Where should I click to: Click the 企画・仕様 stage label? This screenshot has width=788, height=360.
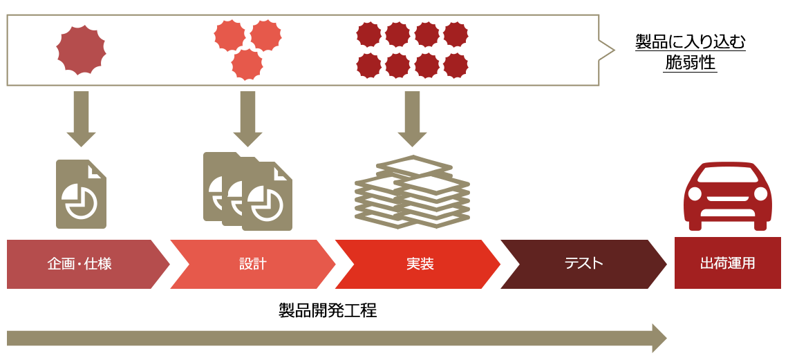(x=79, y=264)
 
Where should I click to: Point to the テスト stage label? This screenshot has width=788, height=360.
(x=583, y=264)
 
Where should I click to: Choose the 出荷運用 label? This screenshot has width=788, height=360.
(x=727, y=264)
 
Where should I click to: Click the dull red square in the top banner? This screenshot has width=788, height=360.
(x=81, y=50)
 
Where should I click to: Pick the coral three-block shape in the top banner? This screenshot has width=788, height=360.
(x=247, y=48)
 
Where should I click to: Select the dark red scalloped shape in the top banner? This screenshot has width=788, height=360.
(x=413, y=49)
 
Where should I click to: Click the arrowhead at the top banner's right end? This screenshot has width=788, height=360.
(x=612, y=50)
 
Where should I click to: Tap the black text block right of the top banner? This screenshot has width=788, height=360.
(x=690, y=54)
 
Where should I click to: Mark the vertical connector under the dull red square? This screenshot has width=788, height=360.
(x=81, y=119)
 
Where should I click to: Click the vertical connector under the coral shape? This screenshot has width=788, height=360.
(x=247, y=119)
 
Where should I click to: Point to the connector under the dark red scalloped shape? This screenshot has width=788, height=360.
(x=413, y=119)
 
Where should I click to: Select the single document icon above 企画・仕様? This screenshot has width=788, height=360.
(x=81, y=194)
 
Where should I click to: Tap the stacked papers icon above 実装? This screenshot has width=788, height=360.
(x=413, y=193)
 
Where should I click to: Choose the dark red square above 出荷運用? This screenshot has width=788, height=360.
(x=727, y=196)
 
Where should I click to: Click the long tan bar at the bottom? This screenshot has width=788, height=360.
(x=337, y=338)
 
